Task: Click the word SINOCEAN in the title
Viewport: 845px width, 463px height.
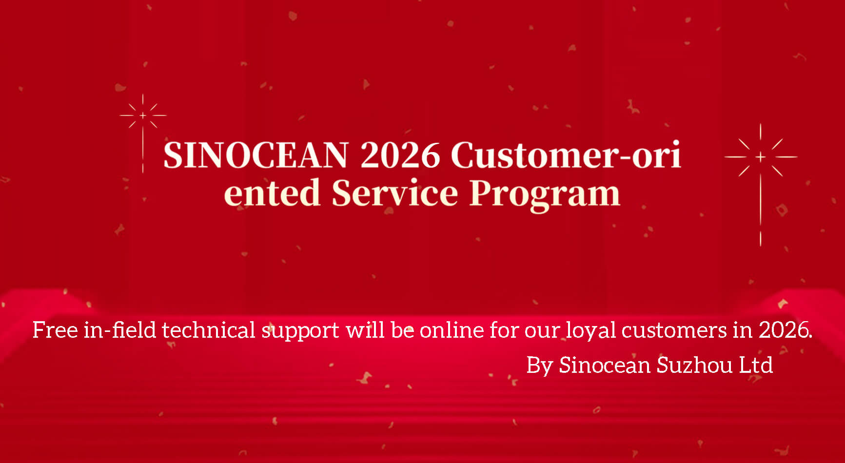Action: coord(255,155)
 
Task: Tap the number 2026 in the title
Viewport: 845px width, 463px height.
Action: coord(400,155)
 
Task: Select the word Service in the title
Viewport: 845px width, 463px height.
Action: coord(395,193)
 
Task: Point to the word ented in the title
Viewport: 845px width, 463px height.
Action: coord(272,193)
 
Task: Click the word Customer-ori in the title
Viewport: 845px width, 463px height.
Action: coord(566,155)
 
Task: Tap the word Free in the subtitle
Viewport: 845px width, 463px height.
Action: coord(55,330)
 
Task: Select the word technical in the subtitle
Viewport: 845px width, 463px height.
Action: coord(209,330)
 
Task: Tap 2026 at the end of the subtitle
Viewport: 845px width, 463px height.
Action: coord(785,330)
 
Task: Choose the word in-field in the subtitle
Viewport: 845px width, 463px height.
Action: coord(119,330)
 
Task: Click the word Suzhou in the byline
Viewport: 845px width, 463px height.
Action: coord(694,365)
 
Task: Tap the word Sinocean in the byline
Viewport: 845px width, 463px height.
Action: coord(605,365)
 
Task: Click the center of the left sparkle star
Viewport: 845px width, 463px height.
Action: coord(143,116)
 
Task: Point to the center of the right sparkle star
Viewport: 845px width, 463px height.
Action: coord(761,157)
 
